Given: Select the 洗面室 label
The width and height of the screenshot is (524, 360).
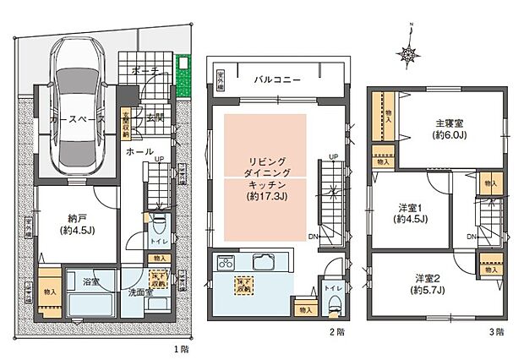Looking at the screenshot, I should (x=140, y=292).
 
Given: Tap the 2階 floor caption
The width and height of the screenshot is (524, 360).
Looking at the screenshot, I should (x=340, y=333).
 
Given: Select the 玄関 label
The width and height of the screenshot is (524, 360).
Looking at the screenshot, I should (x=155, y=117).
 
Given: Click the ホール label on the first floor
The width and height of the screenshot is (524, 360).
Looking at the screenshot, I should (x=134, y=151).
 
